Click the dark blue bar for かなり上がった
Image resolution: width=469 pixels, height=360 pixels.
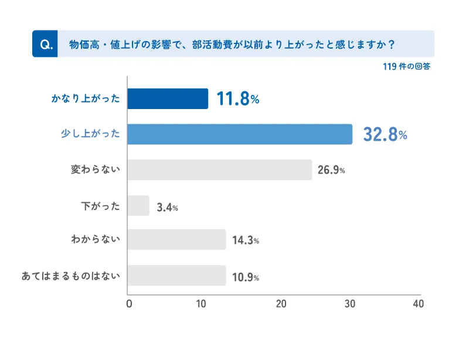point(168,99)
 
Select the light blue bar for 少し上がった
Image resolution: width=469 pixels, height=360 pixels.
point(240,134)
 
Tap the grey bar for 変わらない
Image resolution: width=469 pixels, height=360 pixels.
point(219,170)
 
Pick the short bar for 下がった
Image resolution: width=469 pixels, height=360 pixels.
point(138,206)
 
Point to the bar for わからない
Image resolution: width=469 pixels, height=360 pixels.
point(176,240)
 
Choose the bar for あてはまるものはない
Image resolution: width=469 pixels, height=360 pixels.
point(176,276)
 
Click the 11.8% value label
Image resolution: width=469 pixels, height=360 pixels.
point(237,99)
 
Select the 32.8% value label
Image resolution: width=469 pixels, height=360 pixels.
point(385,135)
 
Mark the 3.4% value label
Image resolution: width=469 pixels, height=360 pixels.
point(167,206)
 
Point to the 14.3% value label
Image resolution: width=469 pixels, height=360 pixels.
point(245,240)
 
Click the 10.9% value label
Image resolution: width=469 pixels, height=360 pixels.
point(245,276)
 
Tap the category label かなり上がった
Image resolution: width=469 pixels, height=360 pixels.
point(85,99)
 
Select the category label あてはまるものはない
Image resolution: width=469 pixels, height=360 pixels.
point(70,276)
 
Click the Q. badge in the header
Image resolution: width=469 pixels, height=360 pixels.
point(45,44)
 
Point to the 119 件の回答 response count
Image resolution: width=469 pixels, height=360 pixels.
point(406,67)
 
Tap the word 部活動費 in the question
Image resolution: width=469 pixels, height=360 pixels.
point(212,44)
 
